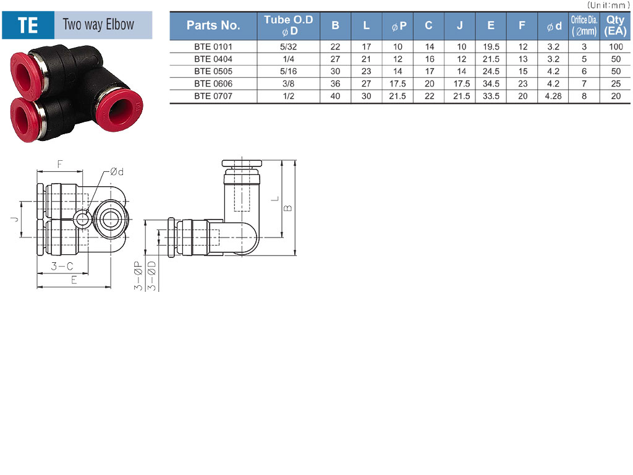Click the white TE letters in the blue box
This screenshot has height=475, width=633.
click(28, 25)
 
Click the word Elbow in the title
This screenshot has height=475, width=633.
click(120, 24)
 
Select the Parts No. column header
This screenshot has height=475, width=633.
click(213, 25)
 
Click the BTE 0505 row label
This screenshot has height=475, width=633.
click(213, 72)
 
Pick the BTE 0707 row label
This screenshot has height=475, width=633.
click(213, 96)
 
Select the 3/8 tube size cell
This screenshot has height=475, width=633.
click(288, 83)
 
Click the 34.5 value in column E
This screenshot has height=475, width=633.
click(491, 83)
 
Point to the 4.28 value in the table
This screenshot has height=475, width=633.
click(553, 96)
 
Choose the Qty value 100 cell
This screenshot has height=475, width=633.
click(616, 47)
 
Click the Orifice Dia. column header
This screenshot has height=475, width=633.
click(584, 25)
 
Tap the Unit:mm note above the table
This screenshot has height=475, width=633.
click(608, 5)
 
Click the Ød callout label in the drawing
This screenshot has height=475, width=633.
click(117, 172)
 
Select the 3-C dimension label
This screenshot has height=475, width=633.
click(62, 266)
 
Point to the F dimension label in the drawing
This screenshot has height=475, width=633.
click(60, 164)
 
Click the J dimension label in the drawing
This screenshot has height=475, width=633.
click(15, 219)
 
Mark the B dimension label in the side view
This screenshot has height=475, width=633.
click(288, 208)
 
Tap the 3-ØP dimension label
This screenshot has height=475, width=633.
click(138, 276)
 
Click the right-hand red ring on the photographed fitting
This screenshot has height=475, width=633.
click(120, 110)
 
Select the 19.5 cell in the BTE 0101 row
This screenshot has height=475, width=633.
click(491, 47)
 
